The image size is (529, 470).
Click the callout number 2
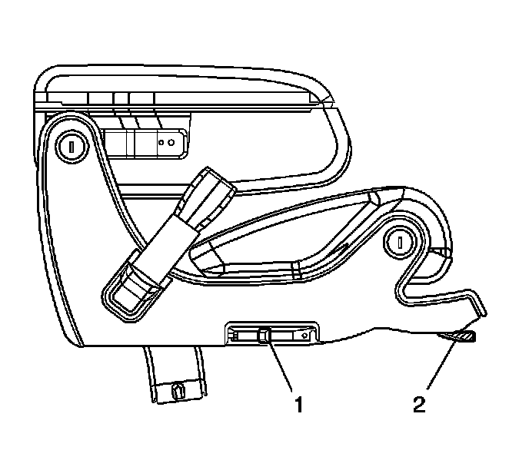click(x=418, y=402)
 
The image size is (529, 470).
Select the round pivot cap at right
click(x=401, y=242)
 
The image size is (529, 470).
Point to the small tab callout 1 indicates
click(x=264, y=334)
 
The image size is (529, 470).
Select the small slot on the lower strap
click(x=178, y=390)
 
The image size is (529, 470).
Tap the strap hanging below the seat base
click(x=175, y=376)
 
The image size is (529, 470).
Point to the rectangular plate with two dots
click(x=146, y=142)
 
